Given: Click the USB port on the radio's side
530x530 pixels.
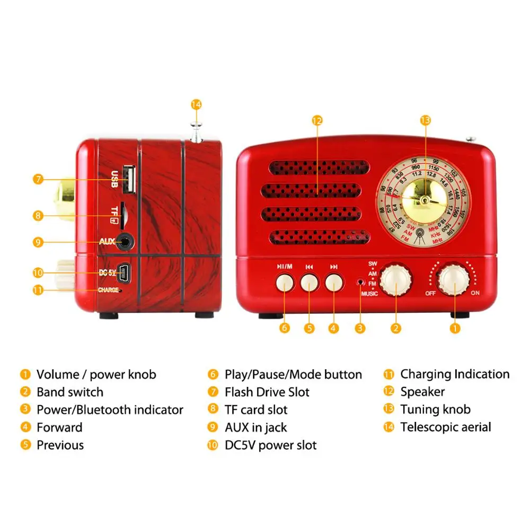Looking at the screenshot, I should coord(128,179).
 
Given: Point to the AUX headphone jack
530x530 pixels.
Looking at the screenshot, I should coord(125,242).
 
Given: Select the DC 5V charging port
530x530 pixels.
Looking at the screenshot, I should coord(126,272).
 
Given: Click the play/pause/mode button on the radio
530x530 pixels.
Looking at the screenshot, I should coord(285,282).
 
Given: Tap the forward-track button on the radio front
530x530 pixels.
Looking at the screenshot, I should coord(333,282).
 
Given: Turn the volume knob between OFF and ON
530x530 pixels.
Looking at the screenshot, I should coord(454,279).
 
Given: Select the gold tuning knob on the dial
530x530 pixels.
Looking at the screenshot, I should coord(424,196).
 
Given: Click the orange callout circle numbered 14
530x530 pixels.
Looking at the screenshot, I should coord(197,104).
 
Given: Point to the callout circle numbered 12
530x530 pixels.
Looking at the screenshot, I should coord(317,120).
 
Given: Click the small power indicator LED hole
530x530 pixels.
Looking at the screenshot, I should coord(360,281).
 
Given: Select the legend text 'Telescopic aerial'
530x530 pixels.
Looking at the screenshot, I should coord(445,427).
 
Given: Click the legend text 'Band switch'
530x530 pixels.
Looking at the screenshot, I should coord(69,392).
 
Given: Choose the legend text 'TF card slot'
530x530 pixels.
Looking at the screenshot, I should coord(256,410).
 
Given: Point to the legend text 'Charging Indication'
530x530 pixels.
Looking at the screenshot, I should coord(455,374).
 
